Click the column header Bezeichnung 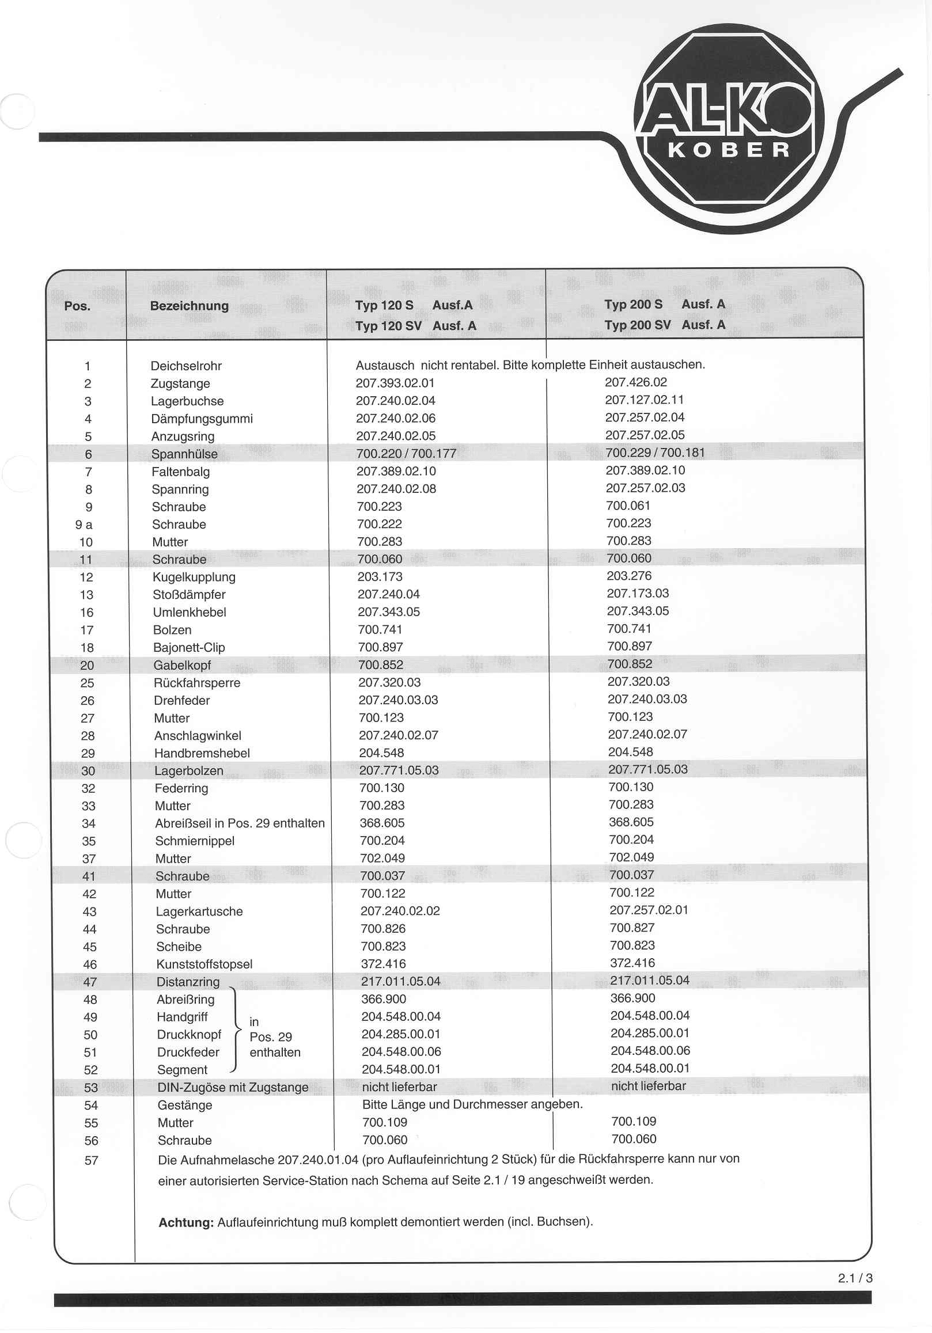coord(190,306)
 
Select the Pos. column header coord(77,306)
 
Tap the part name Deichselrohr coord(186,366)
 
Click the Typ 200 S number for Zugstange coord(636,382)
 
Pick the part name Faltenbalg coord(181,472)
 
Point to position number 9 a coord(84,525)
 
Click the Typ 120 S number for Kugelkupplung coord(380,576)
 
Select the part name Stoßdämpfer coord(190,594)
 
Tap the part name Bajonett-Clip coord(189,647)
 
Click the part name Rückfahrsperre coord(197,683)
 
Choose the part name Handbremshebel coord(202,753)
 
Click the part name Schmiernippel coord(195,841)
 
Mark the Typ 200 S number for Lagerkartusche coord(649,910)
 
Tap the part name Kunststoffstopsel coord(204,964)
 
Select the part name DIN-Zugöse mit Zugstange coord(233,1087)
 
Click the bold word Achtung coord(186,1222)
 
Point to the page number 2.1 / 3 coord(855,1278)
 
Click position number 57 coord(91,1161)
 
